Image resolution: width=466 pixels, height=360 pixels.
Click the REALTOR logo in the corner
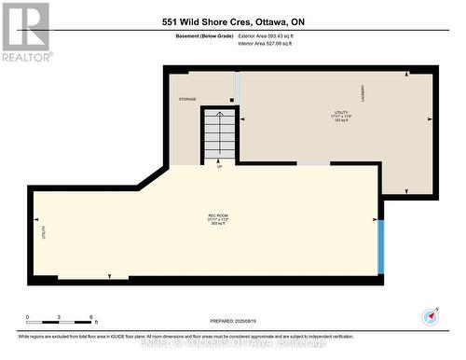pyautogui.click(x=25, y=31)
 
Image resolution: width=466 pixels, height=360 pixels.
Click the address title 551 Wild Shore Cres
pyautogui.click(x=232, y=21)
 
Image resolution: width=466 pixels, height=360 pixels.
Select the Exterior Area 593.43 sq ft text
pyautogui.click(x=278, y=35)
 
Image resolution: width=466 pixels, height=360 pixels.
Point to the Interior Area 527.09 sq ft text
pyautogui.click(x=277, y=43)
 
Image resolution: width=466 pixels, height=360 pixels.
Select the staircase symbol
pyautogui.click(x=220, y=134)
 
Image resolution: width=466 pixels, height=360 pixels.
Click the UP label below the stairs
pyautogui.click(x=219, y=167)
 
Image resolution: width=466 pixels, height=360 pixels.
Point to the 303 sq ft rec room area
pyautogui.click(x=218, y=225)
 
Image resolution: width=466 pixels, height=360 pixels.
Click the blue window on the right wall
pyautogui.click(x=380, y=247)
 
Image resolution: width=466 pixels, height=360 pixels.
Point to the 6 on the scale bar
pyautogui.click(x=90, y=317)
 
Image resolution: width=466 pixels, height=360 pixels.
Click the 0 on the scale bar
pyautogui.click(x=27, y=317)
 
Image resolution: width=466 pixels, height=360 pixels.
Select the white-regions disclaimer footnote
pyautogui.click(x=185, y=335)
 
